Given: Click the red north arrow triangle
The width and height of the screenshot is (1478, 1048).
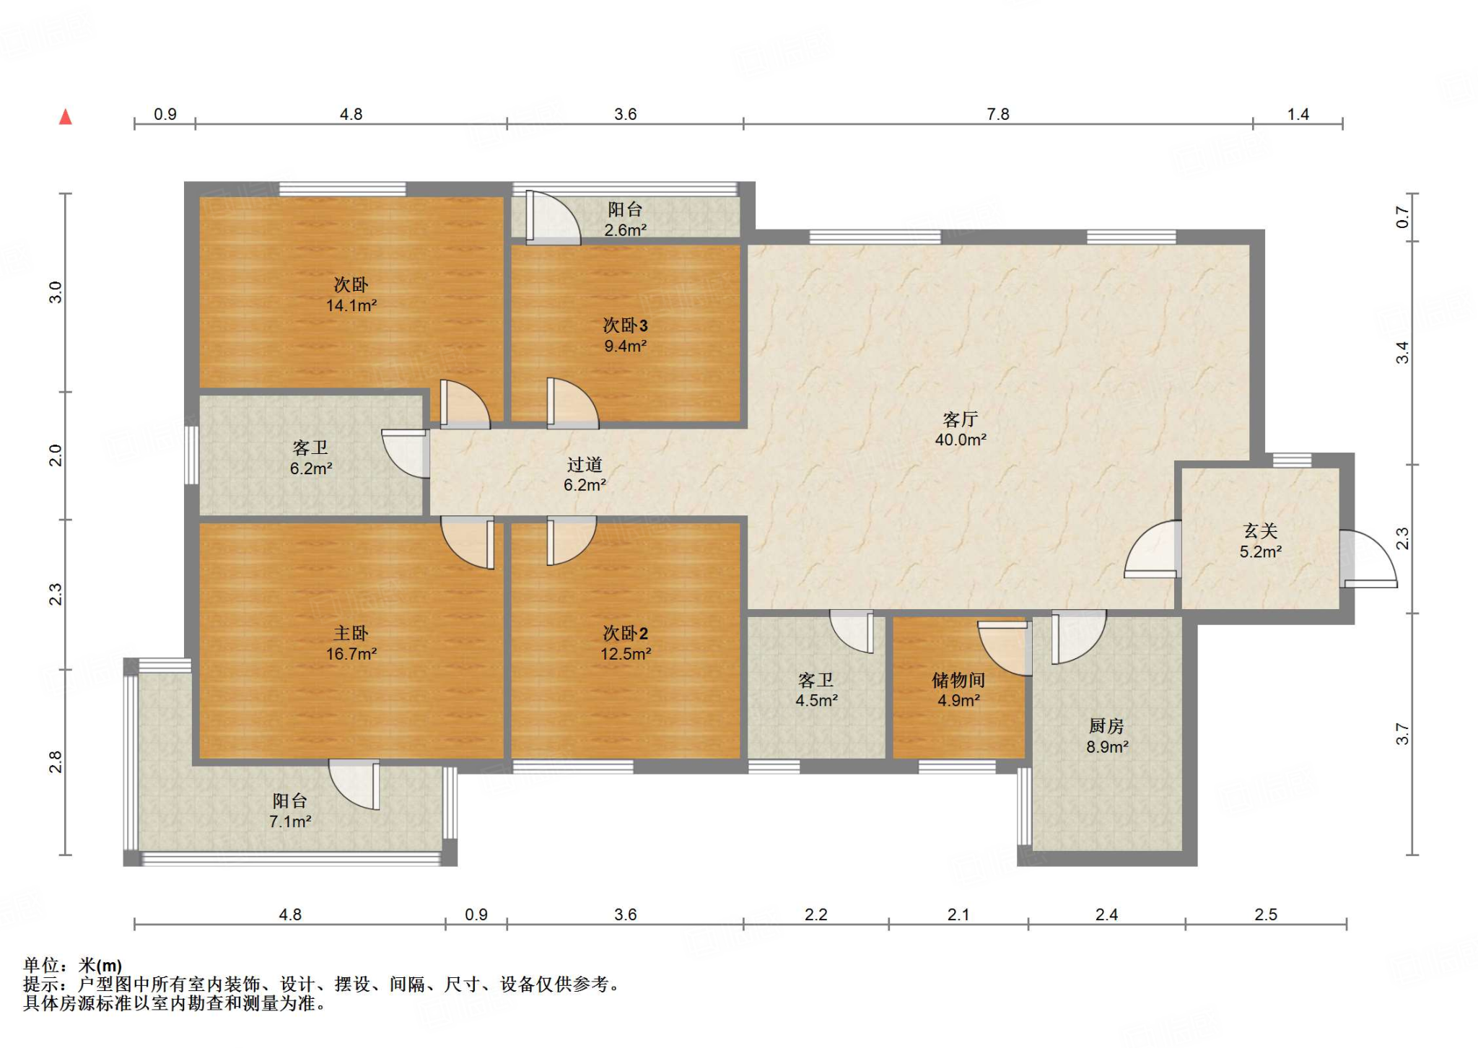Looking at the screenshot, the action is (x=66, y=116).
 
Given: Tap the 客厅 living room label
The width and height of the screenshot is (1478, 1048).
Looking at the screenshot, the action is (x=961, y=419).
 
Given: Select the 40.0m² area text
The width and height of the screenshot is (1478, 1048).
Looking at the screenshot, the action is (x=961, y=440).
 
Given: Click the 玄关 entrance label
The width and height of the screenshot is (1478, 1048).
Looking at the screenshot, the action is (x=1261, y=531).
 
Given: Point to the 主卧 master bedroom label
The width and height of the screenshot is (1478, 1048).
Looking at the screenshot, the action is (x=351, y=633).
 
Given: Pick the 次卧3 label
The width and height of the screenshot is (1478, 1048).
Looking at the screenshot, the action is (x=626, y=326).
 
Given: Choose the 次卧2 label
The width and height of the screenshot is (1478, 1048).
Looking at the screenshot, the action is (x=626, y=633).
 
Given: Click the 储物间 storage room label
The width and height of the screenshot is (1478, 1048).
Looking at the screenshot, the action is (x=958, y=680).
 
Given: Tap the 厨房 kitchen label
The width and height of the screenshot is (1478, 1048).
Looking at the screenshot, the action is (x=1106, y=726).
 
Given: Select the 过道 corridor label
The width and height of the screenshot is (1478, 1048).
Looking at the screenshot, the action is (x=585, y=465).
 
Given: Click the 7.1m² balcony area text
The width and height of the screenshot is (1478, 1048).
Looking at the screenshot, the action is (x=290, y=821).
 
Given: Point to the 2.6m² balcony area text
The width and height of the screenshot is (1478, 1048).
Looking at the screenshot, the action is (x=626, y=230).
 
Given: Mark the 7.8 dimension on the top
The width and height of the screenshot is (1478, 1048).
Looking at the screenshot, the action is (x=998, y=114).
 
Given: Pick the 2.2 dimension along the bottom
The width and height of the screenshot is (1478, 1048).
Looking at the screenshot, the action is (x=816, y=914).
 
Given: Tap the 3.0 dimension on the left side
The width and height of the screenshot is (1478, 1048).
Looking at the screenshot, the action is (x=56, y=292).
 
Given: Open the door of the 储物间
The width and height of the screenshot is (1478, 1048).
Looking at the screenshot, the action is (x=1005, y=647).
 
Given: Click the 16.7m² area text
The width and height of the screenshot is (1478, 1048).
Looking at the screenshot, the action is (x=351, y=654).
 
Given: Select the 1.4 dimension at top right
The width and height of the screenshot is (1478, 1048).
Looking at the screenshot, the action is (x=1298, y=114).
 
